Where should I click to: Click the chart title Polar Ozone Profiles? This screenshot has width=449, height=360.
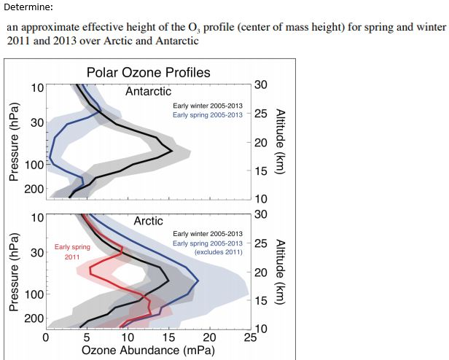pos(148,72)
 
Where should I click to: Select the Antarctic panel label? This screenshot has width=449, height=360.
pos(148,91)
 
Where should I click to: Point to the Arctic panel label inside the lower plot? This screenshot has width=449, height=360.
pos(148,220)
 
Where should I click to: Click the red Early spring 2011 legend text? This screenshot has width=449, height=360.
pos(72,252)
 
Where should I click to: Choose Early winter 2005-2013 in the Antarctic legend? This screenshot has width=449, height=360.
pos(208,106)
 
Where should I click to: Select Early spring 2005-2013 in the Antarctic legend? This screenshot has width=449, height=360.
pos(208,114)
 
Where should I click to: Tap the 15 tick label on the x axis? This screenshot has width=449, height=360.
pos(168,337)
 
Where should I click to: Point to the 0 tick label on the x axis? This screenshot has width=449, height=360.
pos(46,337)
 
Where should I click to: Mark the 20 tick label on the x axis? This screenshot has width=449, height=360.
pos(210,337)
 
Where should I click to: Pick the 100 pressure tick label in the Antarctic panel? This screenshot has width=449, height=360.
pos(34,164)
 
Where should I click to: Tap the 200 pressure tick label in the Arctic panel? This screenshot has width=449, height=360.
pos(34,318)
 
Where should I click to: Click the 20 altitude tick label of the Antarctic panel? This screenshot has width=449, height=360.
pos(261,142)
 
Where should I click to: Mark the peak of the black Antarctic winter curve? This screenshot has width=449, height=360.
pos(171,151)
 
